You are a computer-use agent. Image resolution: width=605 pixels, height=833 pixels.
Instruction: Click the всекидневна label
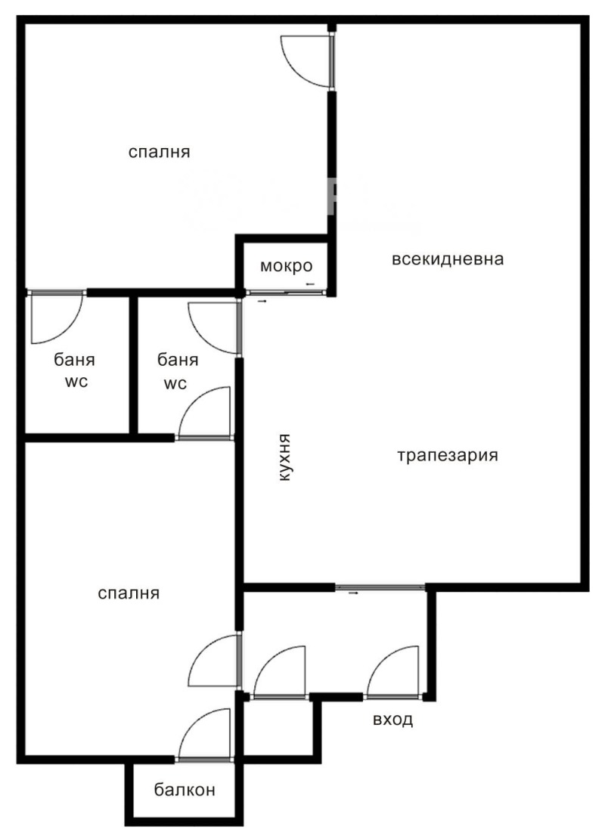click(447, 259)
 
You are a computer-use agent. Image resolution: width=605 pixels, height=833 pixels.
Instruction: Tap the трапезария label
click(448, 456)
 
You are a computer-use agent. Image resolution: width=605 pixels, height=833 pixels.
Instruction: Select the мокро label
click(286, 265)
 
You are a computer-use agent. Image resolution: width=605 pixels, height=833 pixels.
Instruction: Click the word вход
click(393, 720)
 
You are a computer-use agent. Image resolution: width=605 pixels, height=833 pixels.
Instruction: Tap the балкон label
click(185, 790)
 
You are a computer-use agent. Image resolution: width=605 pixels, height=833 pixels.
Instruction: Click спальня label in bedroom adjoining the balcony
click(129, 593)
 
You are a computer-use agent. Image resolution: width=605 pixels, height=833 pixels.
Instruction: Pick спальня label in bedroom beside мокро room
click(159, 152)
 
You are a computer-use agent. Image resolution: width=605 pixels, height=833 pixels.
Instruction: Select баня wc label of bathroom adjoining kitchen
click(178, 371)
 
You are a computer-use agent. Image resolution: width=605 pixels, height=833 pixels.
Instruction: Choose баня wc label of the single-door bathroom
click(74, 370)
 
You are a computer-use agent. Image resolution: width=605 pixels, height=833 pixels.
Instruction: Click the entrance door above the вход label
click(394, 671)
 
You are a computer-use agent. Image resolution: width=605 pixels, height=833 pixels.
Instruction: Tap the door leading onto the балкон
click(206, 735)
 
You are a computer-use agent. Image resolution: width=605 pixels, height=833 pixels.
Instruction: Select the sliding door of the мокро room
click(284, 293)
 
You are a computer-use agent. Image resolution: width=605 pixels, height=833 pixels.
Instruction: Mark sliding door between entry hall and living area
click(380, 587)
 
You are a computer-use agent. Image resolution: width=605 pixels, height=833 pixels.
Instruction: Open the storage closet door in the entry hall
click(280, 671)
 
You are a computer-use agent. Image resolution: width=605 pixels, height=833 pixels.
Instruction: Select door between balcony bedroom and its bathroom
click(206, 413)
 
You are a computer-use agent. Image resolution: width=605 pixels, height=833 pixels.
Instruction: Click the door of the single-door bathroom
click(57, 317)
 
